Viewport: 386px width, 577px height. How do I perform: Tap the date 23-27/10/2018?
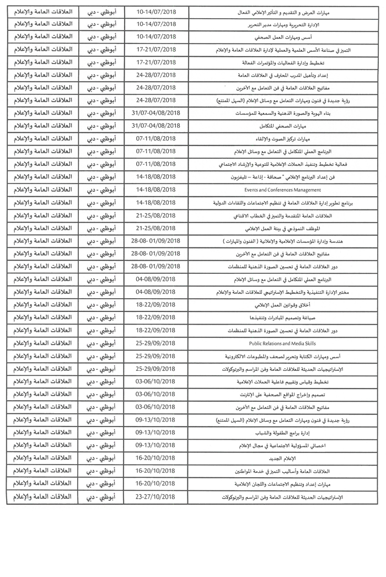tap(155, 497)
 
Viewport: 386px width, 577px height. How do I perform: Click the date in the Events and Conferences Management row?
tap(155, 190)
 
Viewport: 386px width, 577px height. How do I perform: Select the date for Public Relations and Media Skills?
tap(155, 343)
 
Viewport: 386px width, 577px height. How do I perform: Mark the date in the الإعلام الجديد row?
tap(155, 459)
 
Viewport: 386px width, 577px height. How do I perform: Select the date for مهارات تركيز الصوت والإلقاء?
tap(155, 138)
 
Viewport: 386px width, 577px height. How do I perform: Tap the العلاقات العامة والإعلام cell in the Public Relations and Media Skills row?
tap(42, 343)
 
